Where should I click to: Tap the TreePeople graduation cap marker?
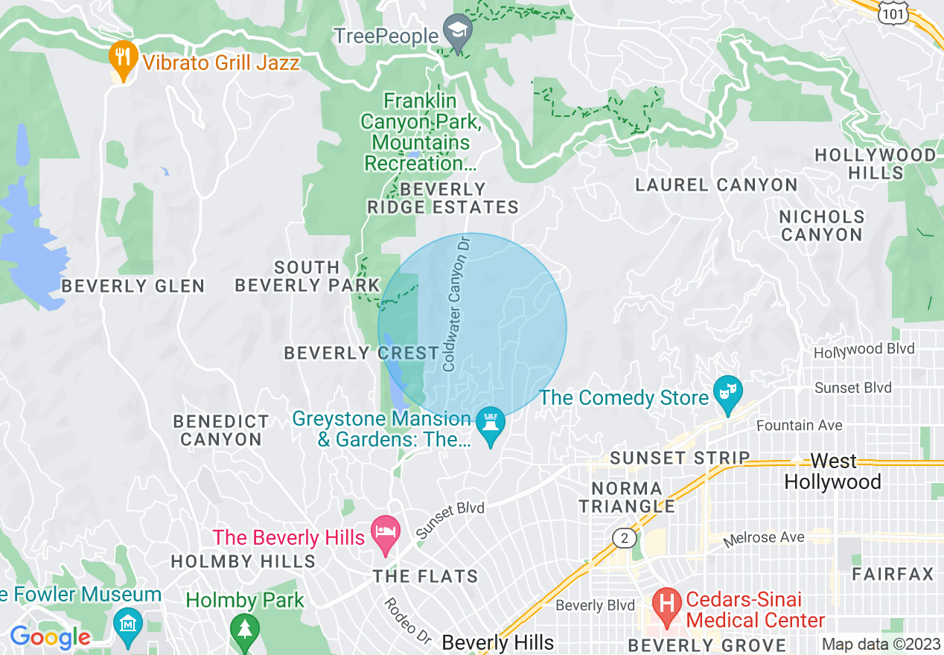pos(457,31)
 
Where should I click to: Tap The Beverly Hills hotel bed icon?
pos(386,533)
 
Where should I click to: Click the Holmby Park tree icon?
pos(244,628)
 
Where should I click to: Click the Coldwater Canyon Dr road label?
pos(457,304)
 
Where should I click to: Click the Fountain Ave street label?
pos(800,426)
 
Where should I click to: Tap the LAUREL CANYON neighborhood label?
pos(716,185)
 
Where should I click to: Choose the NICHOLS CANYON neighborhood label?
pos(822,226)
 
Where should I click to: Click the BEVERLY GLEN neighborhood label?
pos(133,286)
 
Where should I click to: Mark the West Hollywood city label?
pos(832,471)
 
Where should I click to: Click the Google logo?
pos(50,637)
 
